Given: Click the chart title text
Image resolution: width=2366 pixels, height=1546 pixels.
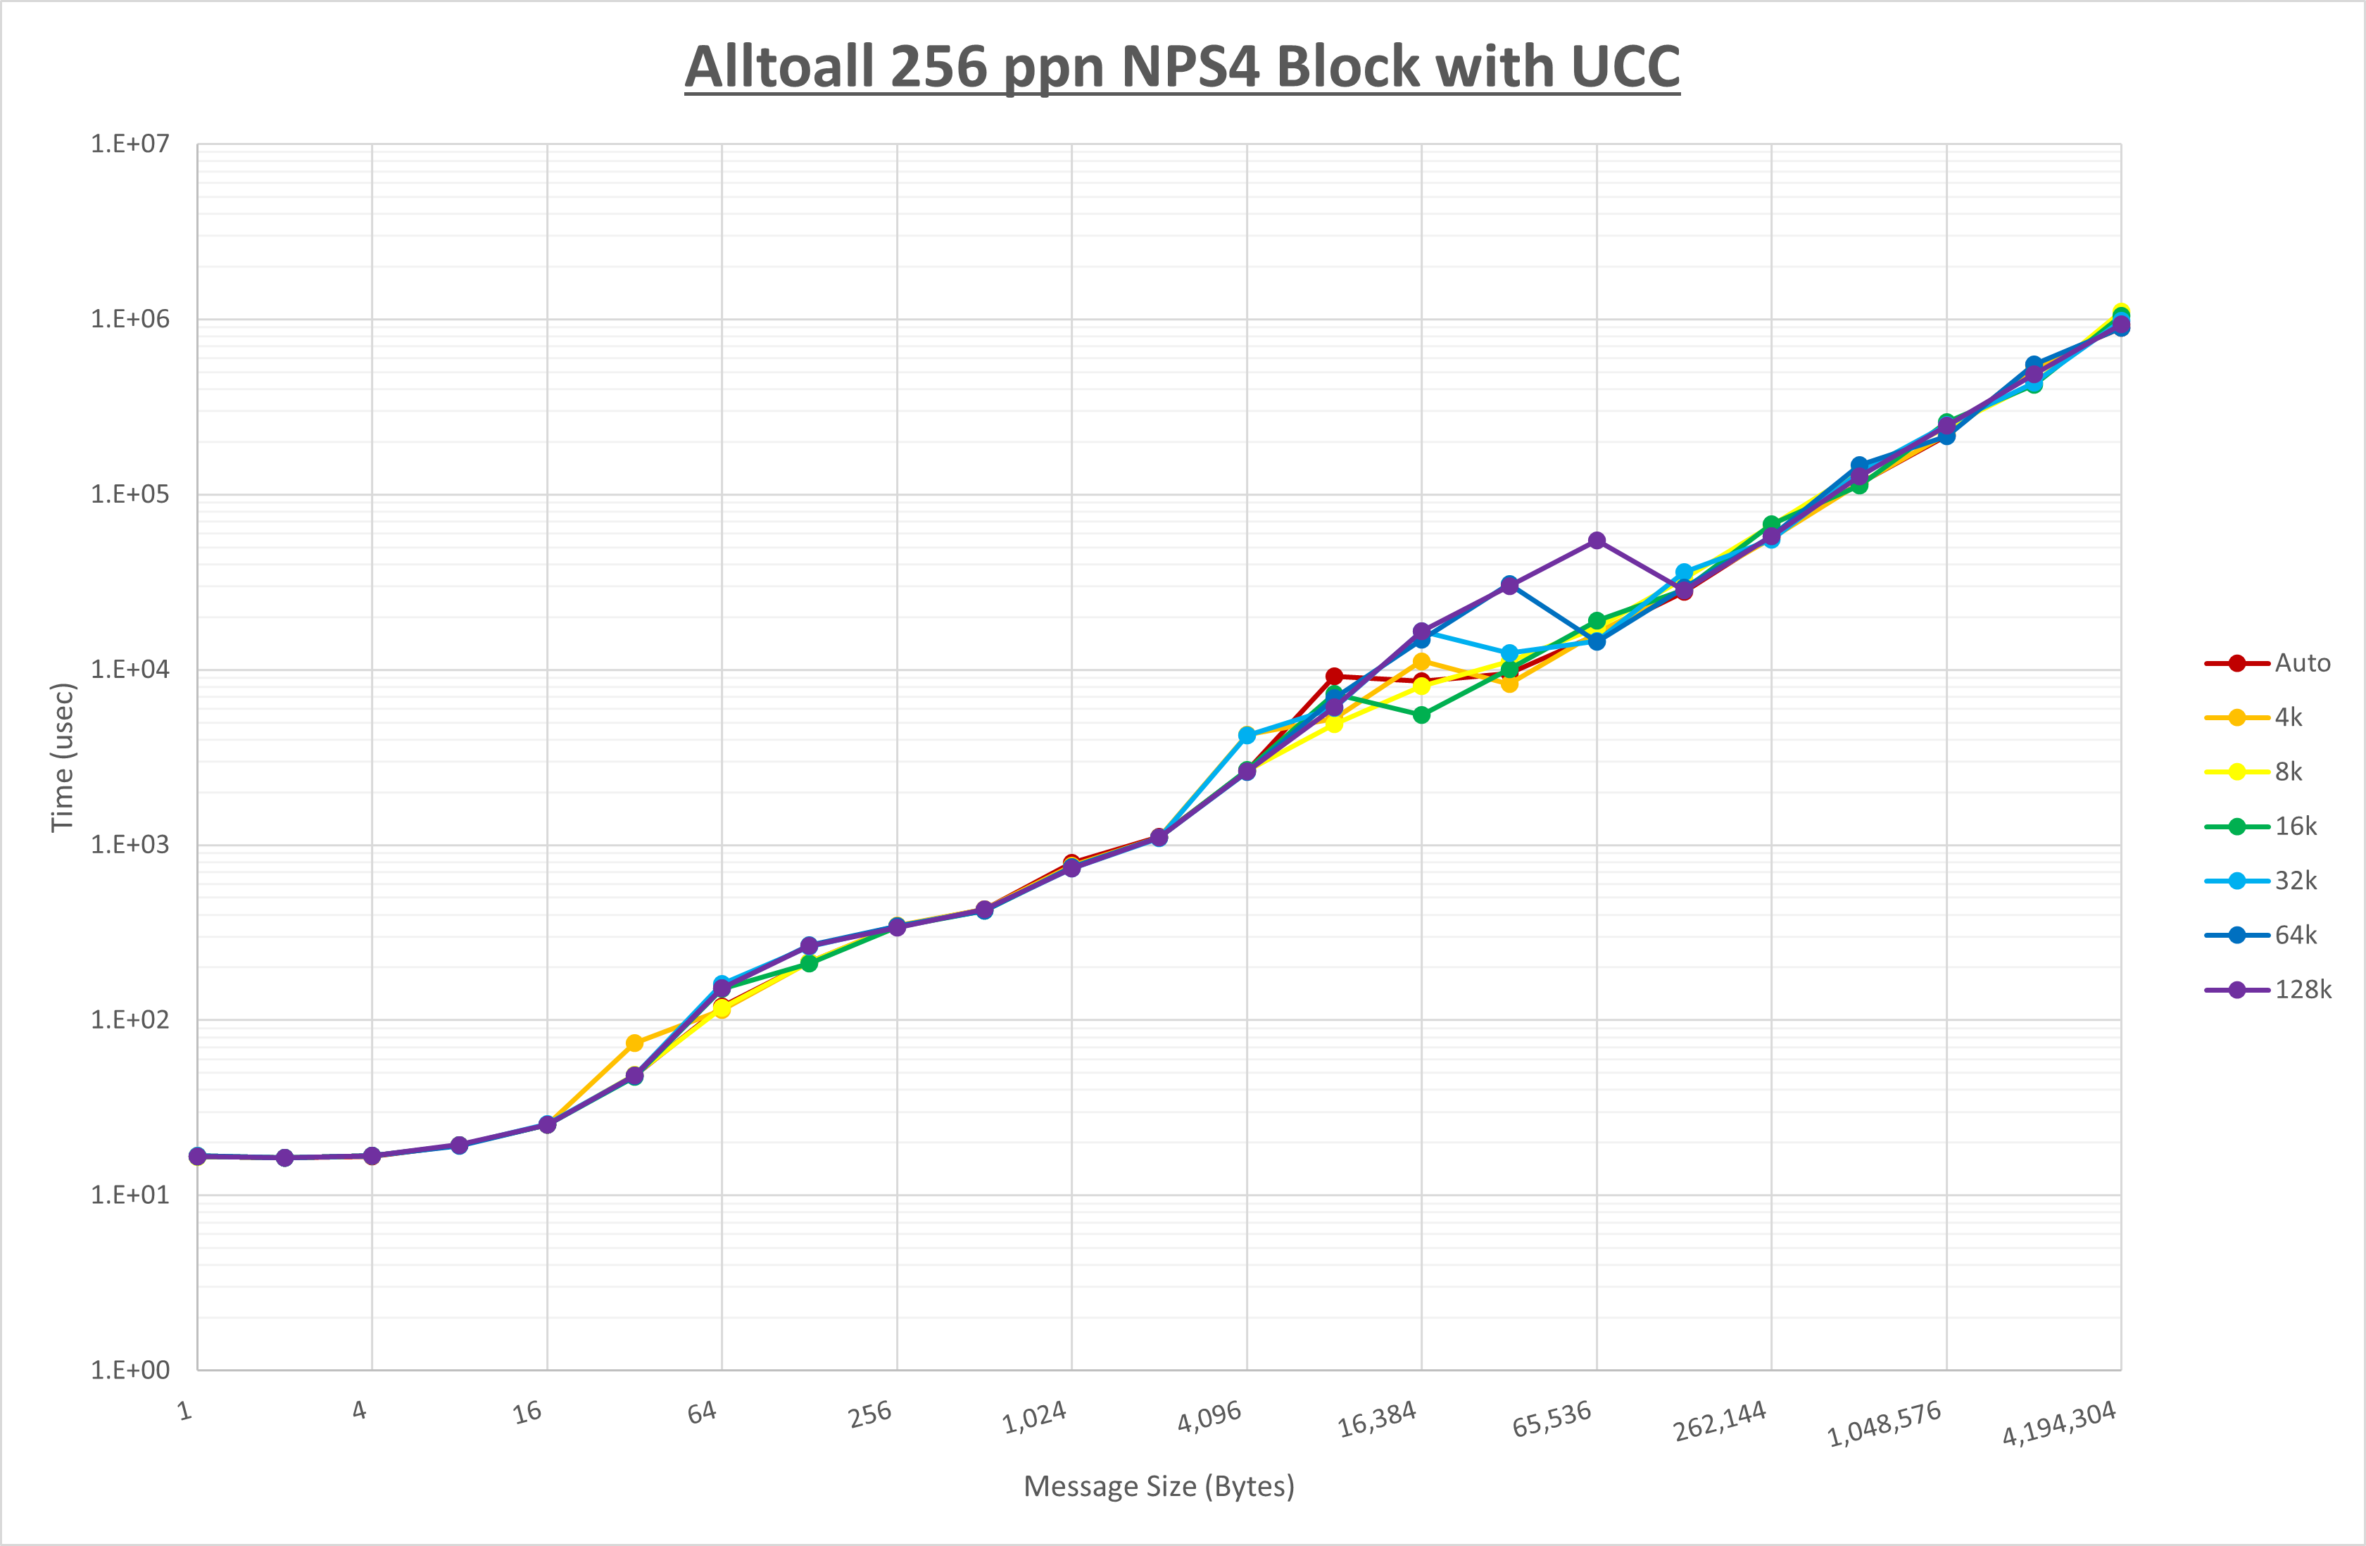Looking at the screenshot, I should coord(1182,68).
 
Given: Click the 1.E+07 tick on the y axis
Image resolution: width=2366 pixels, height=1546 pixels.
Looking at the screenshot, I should coord(130,144).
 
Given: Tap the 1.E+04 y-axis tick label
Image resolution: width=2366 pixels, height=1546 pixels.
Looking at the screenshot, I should coord(130,669).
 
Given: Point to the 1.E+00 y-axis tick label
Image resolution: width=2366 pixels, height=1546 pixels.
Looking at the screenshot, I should coord(130,1370).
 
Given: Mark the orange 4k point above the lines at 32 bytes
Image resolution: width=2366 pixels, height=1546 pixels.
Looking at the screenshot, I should coord(634,1043).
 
